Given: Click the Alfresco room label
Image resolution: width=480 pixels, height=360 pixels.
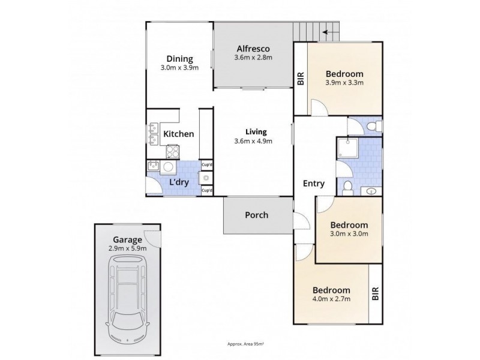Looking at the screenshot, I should click(x=253, y=49).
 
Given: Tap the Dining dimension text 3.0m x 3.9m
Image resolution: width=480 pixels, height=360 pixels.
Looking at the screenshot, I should click(x=179, y=68).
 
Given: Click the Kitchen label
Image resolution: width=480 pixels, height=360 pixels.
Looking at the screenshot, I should click(x=179, y=134).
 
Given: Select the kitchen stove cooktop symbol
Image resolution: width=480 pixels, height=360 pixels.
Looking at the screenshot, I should click(x=172, y=151).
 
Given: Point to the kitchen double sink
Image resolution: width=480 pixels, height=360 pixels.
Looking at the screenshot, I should click(x=152, y=136).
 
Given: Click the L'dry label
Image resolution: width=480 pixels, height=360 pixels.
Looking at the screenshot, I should click(x=179, y=182).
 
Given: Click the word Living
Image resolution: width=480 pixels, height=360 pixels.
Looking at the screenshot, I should click(x=256, y=132).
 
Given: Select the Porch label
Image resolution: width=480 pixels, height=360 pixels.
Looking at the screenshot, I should click(x=257, y=215).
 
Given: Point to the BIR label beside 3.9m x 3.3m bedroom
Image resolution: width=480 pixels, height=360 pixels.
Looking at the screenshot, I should click(x=301, y=79).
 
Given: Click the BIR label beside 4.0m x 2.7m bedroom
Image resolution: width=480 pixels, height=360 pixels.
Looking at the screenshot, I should click(x=375, y=292).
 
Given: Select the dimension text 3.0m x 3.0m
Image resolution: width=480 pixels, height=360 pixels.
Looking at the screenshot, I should click(x=349, y=234).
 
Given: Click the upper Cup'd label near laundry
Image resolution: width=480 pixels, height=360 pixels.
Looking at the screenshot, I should click(x=206, y=164).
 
